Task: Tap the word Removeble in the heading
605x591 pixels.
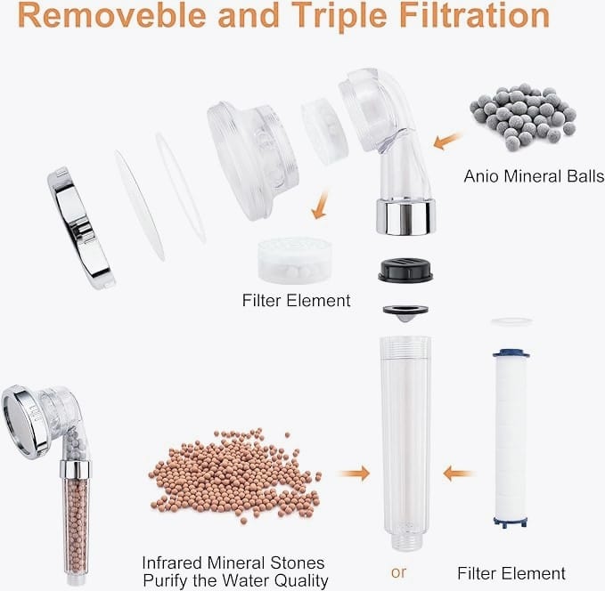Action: click(x=111, y=15)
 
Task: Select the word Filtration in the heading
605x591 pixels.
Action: click(x=474, y=15)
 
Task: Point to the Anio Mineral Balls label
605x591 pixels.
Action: click(x=534, y=176)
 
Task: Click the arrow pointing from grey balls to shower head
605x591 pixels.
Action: click(x=448, y=141)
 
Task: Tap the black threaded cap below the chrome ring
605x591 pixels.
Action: click(x=405, y=271)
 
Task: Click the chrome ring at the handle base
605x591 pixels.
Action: click(x=406, y=217)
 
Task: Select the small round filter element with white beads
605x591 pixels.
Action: click(x=295, y=260)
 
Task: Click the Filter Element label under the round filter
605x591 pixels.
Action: click(x=296, y=300)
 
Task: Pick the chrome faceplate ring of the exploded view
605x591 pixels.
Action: click(x=81, y=228)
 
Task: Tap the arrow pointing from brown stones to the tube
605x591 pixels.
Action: click(x=355, y=473)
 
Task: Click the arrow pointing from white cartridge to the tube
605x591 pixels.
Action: click(x=458, y=473)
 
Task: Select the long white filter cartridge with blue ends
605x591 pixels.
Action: click(x=511, y=438)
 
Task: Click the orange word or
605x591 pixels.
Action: click(x=398, y=572)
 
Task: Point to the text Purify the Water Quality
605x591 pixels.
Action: click(x=235, y=580)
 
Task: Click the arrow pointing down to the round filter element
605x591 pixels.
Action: click(x=321, y=205)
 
